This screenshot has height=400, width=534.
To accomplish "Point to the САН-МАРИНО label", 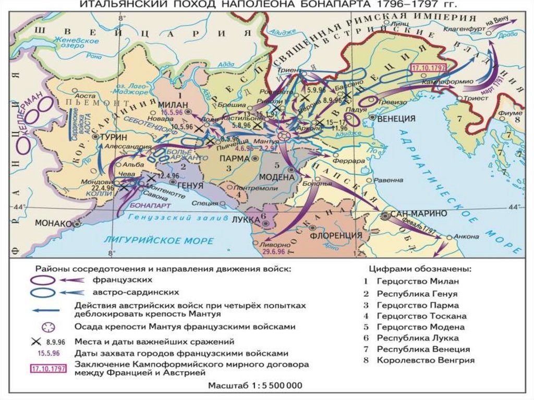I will [422, 214].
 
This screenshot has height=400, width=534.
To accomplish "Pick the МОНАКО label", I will [53, 223].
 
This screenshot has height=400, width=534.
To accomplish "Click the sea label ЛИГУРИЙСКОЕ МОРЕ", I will [159, 240].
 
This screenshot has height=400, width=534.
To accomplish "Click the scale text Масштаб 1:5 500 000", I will [255, 386].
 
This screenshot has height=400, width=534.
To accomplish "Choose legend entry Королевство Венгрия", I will [426, 360].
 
